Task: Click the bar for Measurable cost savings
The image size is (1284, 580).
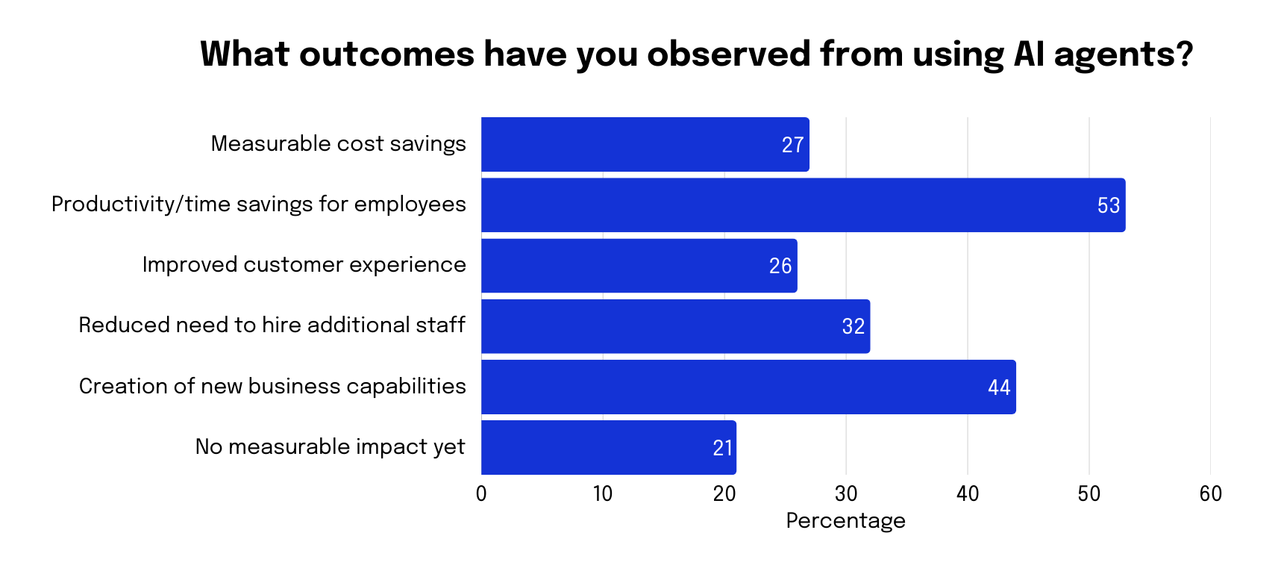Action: pyautogui.click(x=645, y=145)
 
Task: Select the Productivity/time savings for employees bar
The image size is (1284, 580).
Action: pyautogui.click(x=803, y=205)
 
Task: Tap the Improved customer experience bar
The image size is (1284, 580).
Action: pyautogui.click(x=639, y=266)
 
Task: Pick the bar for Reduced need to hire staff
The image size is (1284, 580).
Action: pyautogui.click(x=675, y=326)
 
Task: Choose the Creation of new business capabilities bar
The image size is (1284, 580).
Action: pyautogui.click(x=748, y=387)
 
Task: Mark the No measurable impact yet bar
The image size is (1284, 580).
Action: pyautogui.click(x=608, y=447)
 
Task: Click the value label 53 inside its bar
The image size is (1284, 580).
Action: pyautogui.click(x=1108, y=206)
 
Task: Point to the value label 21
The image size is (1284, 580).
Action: pyautogui.click(x=722, y=448)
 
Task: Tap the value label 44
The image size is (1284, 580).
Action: pyautogui.click(x=998, y=387)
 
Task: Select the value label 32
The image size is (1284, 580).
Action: pyautogui.click(x=853, y=327)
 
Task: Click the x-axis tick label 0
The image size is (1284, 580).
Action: pyautogui.click(x=481, y=494)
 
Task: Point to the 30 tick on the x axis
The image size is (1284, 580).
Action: pyautogui.click(x=846, y=494)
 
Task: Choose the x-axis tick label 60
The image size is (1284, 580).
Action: pyautogui.click(x=1210, y=494)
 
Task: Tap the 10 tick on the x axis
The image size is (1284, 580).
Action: pyautogui.click(x=603, y=494)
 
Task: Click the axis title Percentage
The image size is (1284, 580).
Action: pyautogui.click(x=845, y=521)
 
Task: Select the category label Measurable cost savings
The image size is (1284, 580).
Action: pyautogui.click(x=338, y=143)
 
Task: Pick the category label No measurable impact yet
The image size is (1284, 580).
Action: pyautogui.click(x=330, y=446)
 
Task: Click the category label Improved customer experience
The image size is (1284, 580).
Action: pyautogui.click(x=304, y=265)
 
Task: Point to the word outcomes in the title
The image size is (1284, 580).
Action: pyautogui.click(x=386, y=54)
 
